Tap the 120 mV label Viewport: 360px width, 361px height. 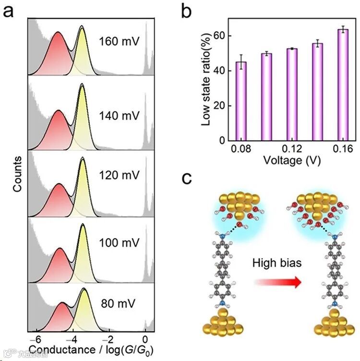[119, 175]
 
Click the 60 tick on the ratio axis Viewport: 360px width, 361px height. [222, 36]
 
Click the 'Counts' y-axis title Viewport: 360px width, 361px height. [17, 174]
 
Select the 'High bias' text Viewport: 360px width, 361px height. [278, 263]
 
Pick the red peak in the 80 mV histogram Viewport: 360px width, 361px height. [62, 317]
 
